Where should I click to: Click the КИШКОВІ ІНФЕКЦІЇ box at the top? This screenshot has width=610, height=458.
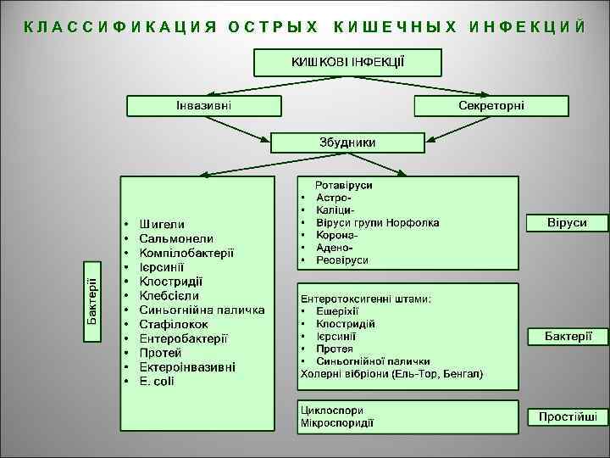(x=347, y=62)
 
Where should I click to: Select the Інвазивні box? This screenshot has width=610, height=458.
(x=203, y=105)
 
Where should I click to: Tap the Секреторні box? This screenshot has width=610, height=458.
(x=491, y=105)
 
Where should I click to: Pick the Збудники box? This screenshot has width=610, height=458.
(x=347, y=142)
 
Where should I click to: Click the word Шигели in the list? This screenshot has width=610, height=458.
(x=163, y=224)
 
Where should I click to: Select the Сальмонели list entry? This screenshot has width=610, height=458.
(x=176, y=238)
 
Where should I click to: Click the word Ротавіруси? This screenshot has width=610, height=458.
(x=344, y=184)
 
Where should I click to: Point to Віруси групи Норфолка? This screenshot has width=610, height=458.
(x=377, y=222)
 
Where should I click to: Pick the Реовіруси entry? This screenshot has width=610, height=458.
(x=342, y=260)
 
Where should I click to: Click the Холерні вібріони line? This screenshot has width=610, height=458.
(x=391, y=373)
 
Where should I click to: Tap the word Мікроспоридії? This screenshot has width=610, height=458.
(x=337, y=422)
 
